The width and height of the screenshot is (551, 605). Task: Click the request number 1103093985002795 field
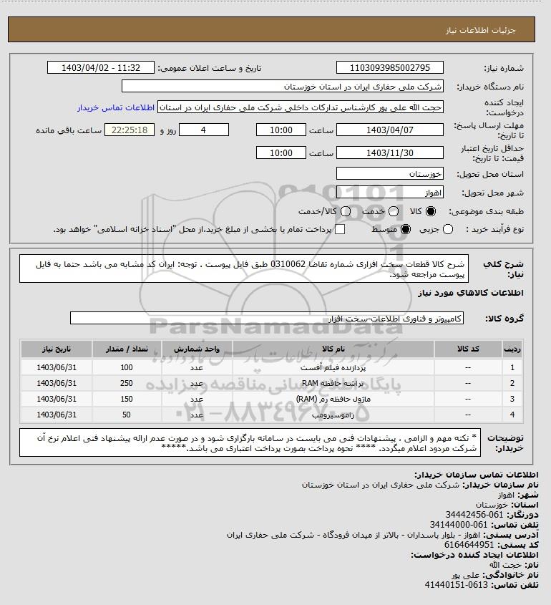pos(390,68)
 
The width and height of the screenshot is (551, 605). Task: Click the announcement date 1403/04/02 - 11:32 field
pos(100,68)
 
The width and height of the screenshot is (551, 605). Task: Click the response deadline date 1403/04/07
pos(390,130)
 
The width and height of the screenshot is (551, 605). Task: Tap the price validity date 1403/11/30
pos(390,153)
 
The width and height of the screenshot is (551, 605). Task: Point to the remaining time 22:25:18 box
pos(130,130)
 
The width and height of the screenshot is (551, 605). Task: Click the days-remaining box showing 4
pos(203,130)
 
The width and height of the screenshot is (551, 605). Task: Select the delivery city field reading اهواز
pos(390,193)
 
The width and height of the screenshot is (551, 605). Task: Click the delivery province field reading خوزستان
pos(390,174)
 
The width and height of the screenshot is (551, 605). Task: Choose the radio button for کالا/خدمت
pos(346,212)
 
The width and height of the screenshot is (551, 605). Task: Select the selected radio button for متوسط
pos(405,229)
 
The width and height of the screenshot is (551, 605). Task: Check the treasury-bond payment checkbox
pos(340,229)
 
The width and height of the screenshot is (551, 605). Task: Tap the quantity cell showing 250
pos(127,383)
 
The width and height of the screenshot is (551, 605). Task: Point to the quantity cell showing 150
pos(127,399)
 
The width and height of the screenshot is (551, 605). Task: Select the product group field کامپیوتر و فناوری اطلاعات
pos(268,317)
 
